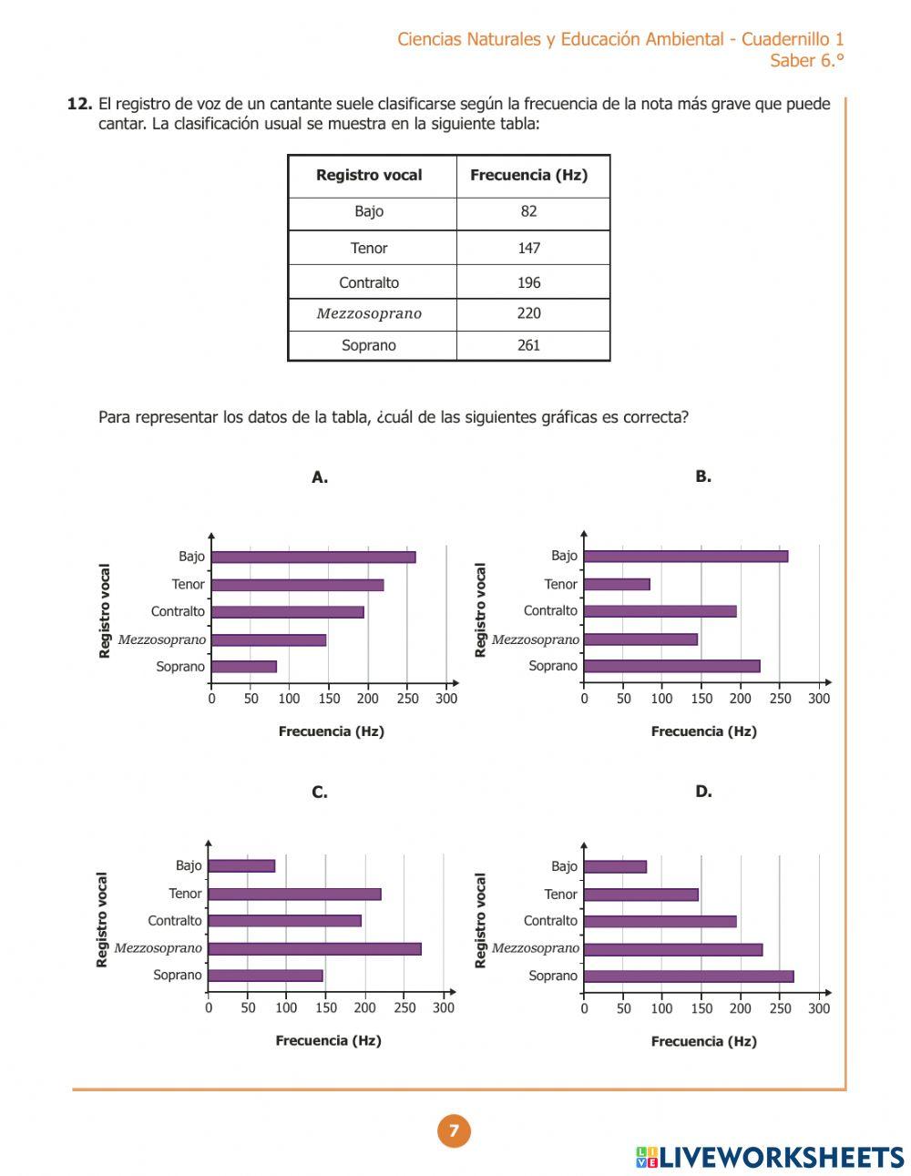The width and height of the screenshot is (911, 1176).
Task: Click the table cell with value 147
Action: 528,248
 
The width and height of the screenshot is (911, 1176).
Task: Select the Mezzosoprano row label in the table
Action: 369,313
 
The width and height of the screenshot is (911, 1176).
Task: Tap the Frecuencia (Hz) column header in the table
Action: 528,175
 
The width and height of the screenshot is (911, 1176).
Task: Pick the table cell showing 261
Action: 528,345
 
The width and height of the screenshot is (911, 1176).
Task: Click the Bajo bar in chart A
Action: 312,557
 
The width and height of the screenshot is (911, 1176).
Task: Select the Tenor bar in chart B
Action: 617,584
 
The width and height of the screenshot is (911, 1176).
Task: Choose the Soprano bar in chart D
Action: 688,977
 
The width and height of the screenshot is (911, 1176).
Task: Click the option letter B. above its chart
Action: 703,476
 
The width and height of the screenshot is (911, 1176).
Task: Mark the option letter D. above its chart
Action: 703,792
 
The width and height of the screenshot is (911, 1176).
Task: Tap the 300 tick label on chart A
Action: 446,699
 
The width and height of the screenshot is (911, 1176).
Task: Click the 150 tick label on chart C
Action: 325,1008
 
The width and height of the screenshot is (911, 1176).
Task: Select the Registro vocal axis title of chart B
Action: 481,610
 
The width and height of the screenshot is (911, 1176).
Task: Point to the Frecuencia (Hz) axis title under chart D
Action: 703,1041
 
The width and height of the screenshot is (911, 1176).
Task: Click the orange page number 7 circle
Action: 454,1130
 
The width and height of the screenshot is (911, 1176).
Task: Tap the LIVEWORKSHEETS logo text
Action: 781,1157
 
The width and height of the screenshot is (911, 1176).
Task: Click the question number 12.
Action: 79,104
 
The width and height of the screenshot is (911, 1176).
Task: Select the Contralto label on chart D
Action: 550,921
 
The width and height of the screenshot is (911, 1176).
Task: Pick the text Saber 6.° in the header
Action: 806,61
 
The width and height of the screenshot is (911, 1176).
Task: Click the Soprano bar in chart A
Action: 243,667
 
